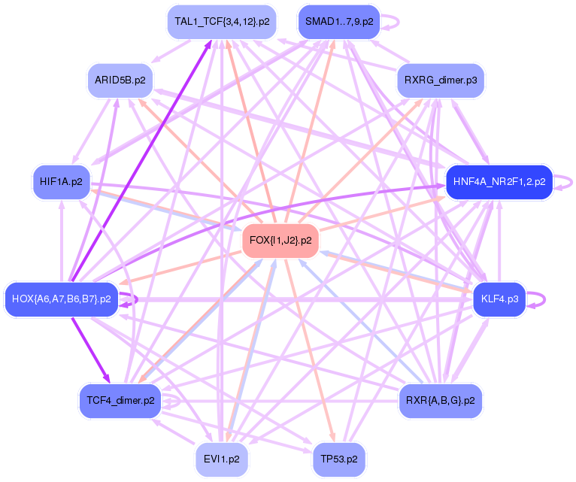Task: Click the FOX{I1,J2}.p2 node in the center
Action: point(280,241)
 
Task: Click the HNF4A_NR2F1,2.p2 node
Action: point(499,182)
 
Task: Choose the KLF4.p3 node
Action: point(499,299)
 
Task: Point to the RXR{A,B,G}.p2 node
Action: point(440,401)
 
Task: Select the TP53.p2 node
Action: point(338,458)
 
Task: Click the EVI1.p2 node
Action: point(221,458)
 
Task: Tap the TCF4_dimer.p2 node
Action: point(120,401)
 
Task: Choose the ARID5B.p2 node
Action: point(120,79)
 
